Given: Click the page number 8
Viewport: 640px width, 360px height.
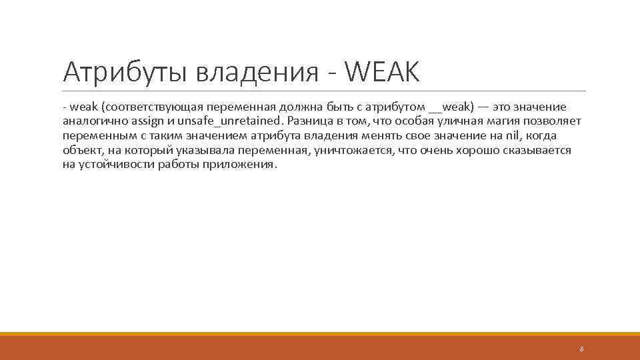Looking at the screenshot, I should (x=581, y=349).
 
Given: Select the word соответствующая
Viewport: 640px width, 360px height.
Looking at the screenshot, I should (x=153, y=107).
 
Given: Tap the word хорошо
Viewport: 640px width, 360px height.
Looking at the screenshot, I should (x=481, y=151).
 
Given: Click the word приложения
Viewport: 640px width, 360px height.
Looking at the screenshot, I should (x=242, y=165).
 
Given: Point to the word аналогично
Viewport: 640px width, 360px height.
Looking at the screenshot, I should (x=90, y=121).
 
